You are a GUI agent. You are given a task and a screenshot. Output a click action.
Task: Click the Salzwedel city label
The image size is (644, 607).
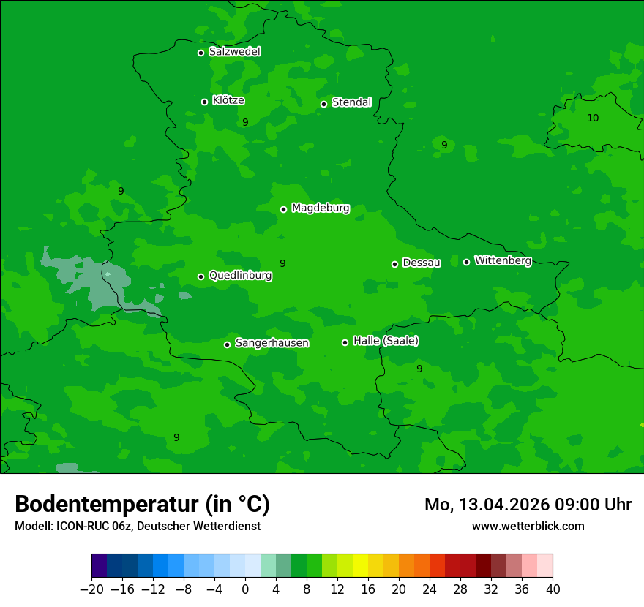234,52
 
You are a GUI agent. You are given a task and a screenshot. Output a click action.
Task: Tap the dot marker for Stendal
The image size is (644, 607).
323,104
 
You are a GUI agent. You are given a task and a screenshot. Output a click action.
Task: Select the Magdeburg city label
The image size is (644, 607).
321,208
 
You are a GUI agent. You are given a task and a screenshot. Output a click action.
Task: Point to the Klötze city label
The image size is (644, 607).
228,101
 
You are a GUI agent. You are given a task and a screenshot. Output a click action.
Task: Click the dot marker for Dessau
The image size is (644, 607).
394,264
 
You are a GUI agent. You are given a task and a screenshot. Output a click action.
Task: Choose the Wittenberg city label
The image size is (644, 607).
503,261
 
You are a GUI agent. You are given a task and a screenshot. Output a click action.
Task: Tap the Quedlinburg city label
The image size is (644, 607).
240,276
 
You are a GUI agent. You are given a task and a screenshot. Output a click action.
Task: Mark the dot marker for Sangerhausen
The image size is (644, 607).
227,344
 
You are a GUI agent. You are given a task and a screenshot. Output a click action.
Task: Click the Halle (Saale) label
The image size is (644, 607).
386,341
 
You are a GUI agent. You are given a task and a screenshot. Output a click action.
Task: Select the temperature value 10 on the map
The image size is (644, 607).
593,118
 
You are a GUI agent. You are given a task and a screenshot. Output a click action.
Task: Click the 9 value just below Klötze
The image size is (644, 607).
245,123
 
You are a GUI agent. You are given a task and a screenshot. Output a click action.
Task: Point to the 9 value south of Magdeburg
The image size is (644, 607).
282,264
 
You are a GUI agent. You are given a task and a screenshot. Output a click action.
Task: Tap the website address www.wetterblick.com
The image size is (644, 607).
528,526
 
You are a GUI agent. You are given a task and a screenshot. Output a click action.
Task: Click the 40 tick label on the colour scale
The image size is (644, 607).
553,589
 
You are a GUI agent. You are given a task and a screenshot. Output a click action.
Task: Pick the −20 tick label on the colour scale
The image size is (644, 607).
91,589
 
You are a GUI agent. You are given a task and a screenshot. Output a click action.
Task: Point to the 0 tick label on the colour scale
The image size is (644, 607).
245,589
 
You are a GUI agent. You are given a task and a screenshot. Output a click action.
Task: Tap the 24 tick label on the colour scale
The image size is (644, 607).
430,589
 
